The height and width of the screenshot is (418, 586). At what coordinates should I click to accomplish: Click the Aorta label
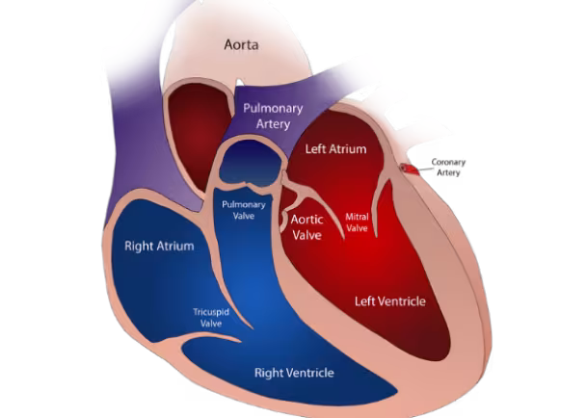pyautogui.click(x=241, y=44)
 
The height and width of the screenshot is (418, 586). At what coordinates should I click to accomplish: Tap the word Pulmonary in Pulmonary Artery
pyautogui.click(x=273, y=108)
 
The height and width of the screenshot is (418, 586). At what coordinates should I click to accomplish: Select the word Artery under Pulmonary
pyautogui.click(x=273, y=123)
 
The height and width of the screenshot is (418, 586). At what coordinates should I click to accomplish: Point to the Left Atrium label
pyautogui.click(x=334, y=149)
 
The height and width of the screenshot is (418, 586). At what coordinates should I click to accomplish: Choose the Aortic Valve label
pyautogui.click(x=306, y=226)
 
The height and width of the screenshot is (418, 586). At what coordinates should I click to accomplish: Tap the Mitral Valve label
pyautogui.click(x=357, y=222)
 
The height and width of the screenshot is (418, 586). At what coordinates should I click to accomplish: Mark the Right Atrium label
pyautogui.click(x=159, y=246)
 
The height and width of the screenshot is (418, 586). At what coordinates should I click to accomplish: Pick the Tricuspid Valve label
pyautogui.click(x=211, y=318)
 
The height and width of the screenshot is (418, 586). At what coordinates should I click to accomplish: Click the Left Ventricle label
pyautogui.click(x=389, y=301)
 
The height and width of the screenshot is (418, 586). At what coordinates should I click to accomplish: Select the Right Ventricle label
pyautogui.click(x=294, y=372)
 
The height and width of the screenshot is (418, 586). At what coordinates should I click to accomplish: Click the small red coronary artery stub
pyautogui.click(x=412, y=168)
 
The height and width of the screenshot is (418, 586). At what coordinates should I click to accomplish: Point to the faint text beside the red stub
pyautogui.click(x=447, y=168)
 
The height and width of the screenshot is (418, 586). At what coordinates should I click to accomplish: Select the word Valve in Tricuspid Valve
pyautogui.click(x=211, y=324)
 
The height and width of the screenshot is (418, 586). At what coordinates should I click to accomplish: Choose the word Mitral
pyautogui.click(x=357, y=217)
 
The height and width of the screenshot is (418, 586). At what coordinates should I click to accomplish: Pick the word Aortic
pyautogui.click(x=306, y=220)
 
